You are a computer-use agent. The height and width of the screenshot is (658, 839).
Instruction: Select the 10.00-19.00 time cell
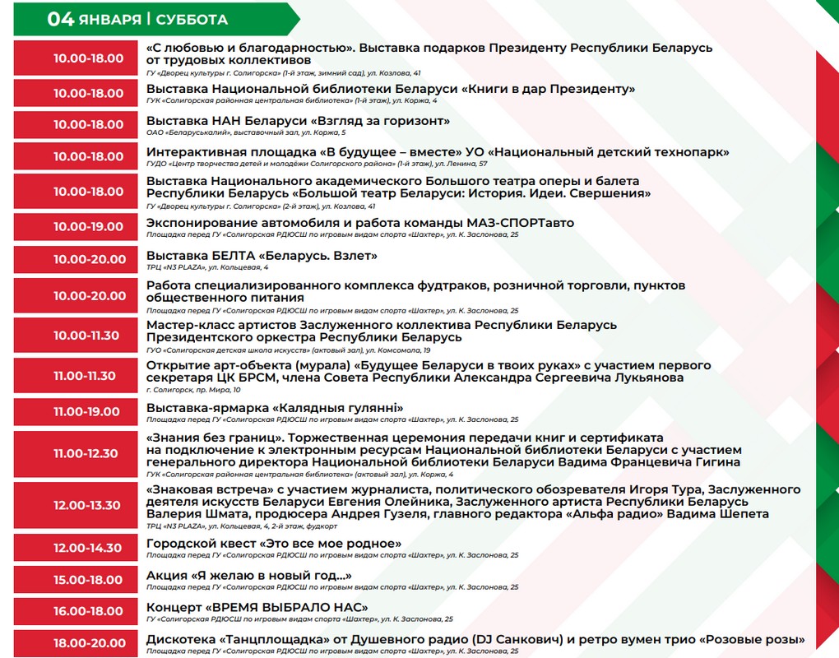(x=88, y=226)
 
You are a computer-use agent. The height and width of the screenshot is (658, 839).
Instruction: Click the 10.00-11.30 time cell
(x=88, y=336)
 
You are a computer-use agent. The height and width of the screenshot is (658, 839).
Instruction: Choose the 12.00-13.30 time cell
(x=88, y=505)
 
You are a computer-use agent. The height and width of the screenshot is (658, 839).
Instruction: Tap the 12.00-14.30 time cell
(x=88, y=548)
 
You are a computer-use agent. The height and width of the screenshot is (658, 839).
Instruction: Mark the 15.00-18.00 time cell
(x=88, y=580)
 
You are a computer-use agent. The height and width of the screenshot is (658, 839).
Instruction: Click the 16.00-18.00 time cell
(x=88, y=612)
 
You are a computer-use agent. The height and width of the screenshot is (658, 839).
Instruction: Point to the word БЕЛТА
(x=234, y=256)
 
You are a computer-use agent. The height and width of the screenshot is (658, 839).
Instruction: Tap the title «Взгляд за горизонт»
(x=384, y=121)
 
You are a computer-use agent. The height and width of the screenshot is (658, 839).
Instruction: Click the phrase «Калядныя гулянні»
(x=335, y=407)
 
